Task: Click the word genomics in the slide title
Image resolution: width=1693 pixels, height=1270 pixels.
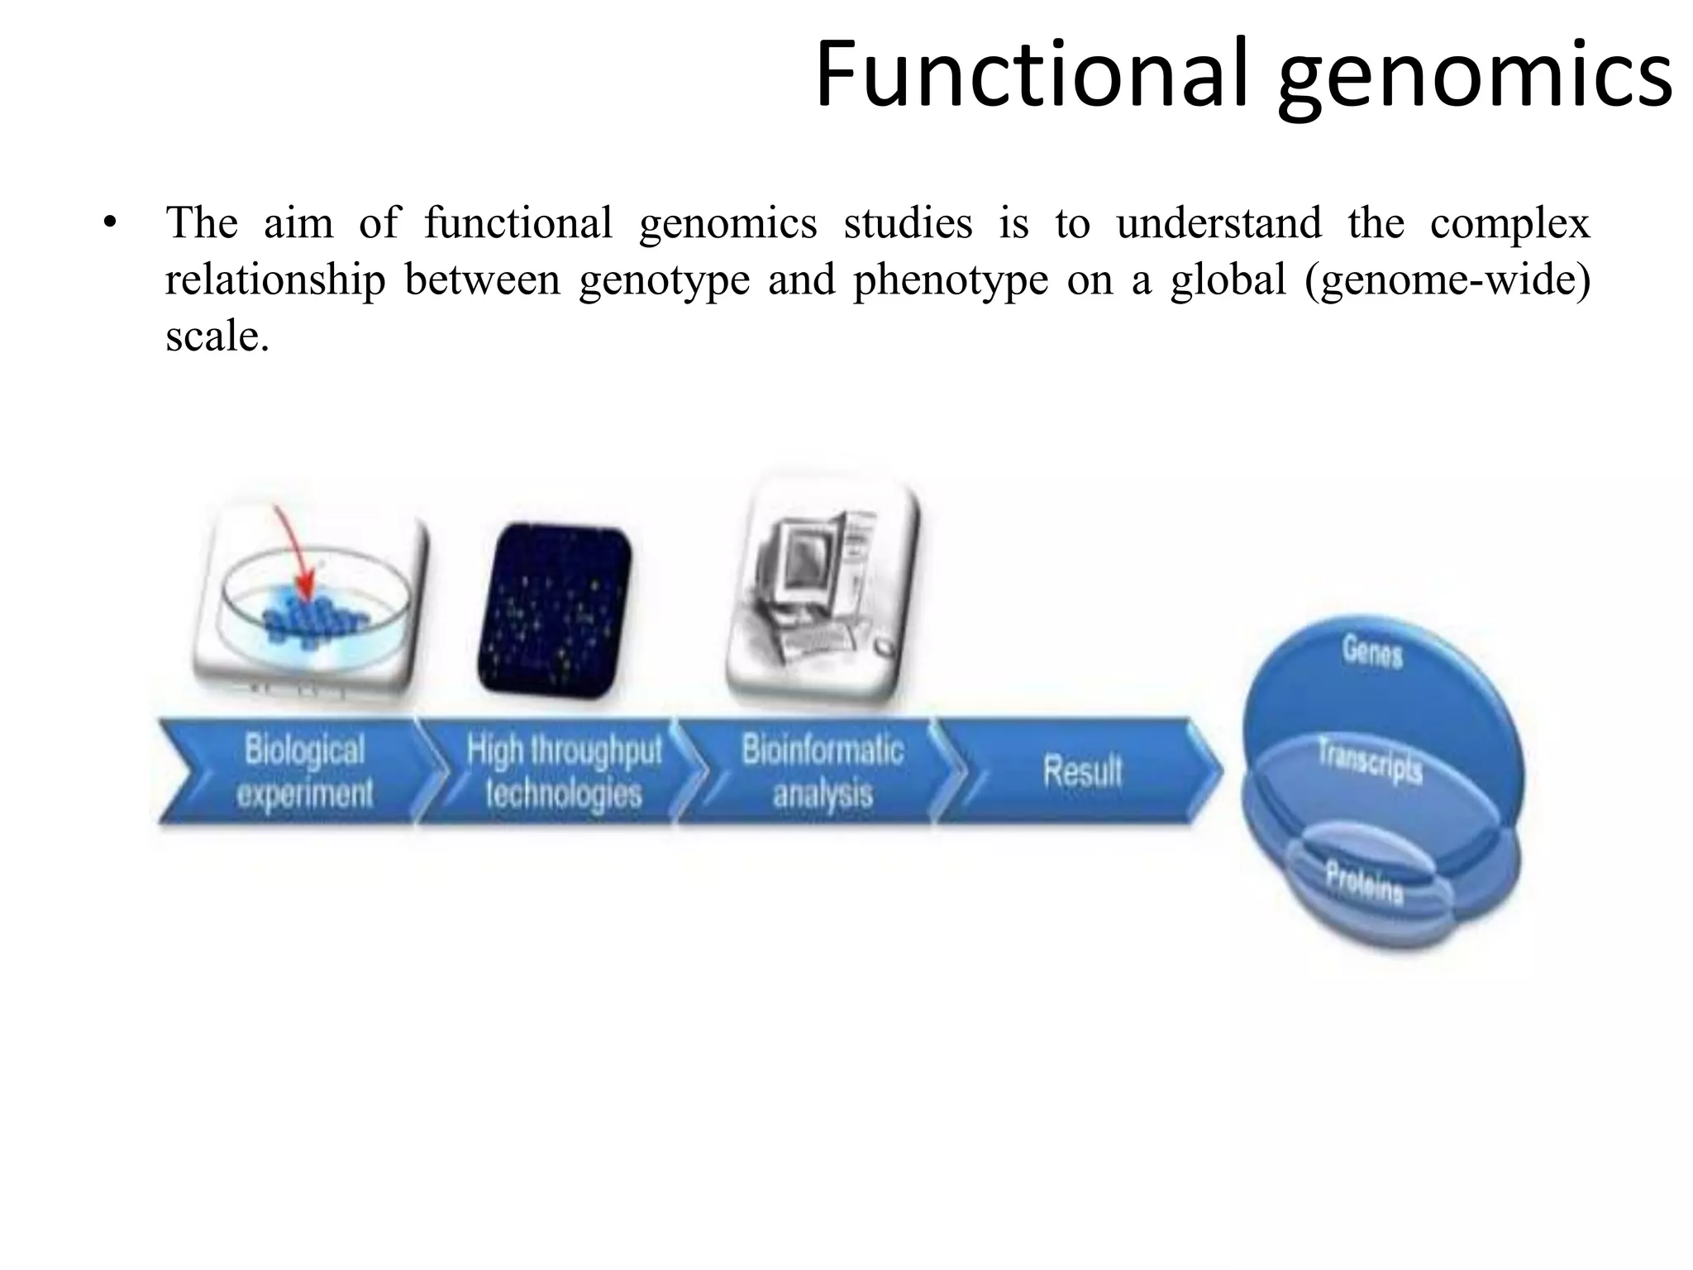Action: pyautogui.click(x=1475, y=76)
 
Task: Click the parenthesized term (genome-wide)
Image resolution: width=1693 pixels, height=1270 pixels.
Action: pyautogui.click(x=1447, y=279)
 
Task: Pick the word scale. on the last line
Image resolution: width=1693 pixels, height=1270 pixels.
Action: pyautogui.click(x=217, y=336)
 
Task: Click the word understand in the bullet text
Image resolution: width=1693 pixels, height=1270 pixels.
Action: pyautogui.click(x=1218, y=223)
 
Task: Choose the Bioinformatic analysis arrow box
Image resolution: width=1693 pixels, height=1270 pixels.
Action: pyautogui.click(x=822, y=771)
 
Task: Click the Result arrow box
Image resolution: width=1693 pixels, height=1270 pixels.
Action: pyautogui.click(x=1081, y=771)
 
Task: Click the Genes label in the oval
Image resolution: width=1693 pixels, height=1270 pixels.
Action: pyautogui.click(x=1372, y=652)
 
